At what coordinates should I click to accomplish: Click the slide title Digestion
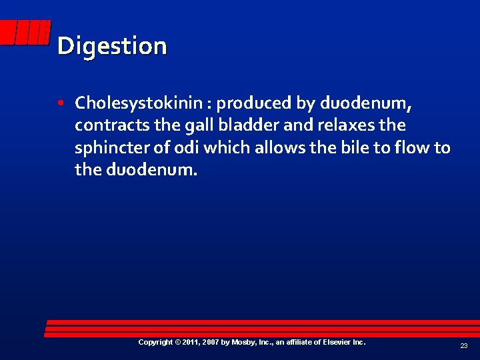tap(112, 46)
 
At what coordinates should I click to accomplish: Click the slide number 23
tap(463, 346)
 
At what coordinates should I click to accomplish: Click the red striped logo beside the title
tap(27, 33)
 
